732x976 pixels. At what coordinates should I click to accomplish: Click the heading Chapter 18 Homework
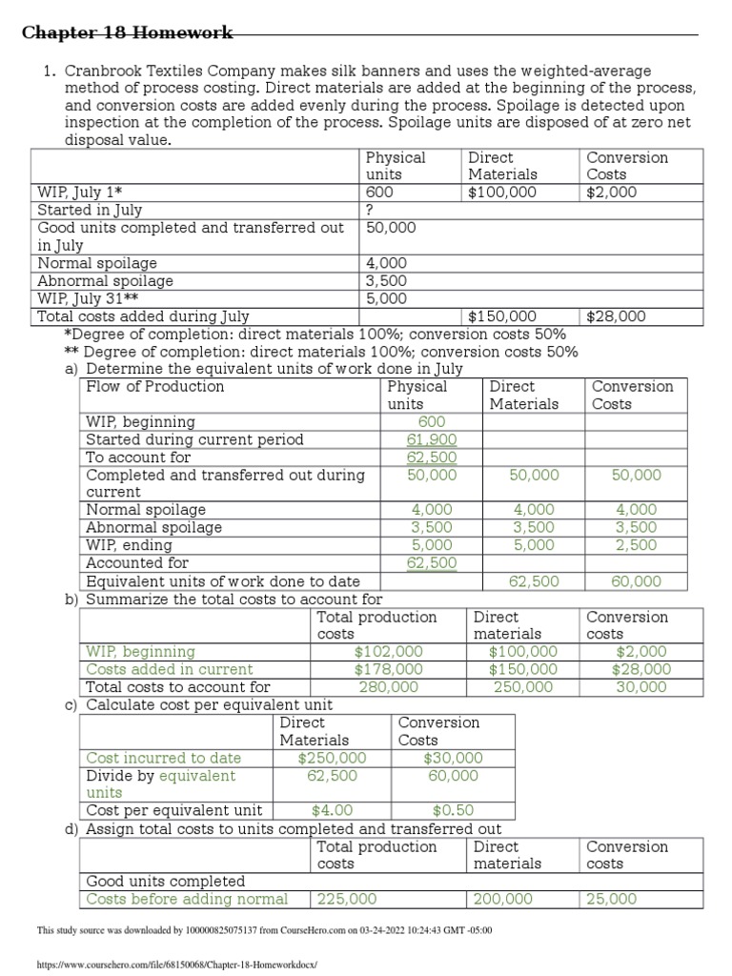point(127,33)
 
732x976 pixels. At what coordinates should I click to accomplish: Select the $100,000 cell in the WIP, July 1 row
point(502,193)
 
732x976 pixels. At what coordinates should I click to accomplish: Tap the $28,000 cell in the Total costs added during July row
point(616,316)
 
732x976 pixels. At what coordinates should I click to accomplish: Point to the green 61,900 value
point(432,439)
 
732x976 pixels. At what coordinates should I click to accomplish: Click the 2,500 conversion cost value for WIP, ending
point(636,545)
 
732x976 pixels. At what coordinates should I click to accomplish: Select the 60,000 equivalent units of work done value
point(636,581)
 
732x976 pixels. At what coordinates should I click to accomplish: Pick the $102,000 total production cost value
point(389,652)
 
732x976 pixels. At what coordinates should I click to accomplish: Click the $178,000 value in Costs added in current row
point(389,669)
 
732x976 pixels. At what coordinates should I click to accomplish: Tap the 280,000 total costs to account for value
point(389,686)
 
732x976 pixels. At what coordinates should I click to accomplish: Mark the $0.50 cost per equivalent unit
point(453,811)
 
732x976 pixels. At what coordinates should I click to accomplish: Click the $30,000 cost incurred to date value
point(453,758)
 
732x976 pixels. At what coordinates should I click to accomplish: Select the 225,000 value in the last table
point(347,899)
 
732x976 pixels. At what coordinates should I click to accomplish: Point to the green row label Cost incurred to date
point(164,758)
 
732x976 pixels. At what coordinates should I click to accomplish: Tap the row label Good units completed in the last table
point(166,882)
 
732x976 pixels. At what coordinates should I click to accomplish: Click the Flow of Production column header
point(155,387)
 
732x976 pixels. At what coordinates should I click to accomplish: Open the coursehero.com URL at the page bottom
point(175,966)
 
